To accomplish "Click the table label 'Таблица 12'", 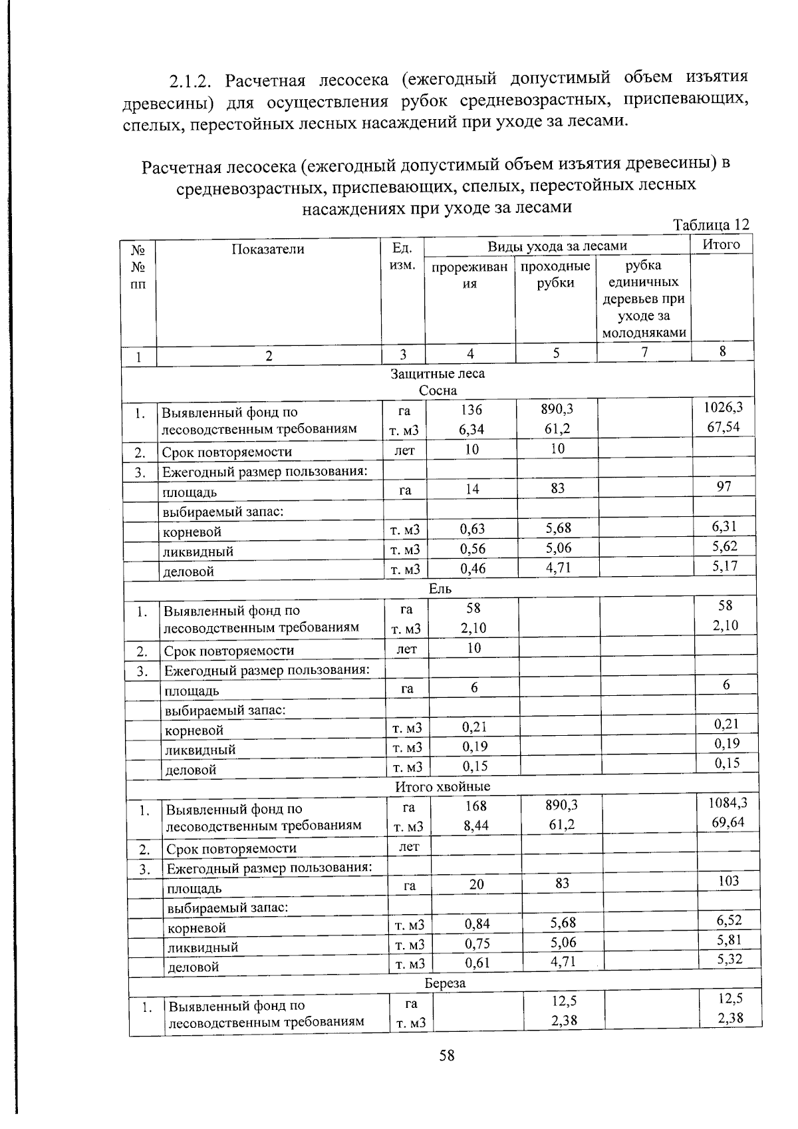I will (x=711, y=225).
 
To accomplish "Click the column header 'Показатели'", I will (x=268, y=249).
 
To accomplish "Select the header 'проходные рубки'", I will (x=555, y=275).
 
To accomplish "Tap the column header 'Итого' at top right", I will (x=721, y=245).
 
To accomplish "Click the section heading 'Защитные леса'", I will (x=438, y=374).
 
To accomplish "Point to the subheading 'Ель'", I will (x=440, y=589).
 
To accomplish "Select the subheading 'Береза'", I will (x=445, y=983).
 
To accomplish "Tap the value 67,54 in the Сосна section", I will (x=724, y=426).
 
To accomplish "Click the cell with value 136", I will (x=471, y=410).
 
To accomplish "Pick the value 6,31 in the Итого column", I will (x=724, y=526).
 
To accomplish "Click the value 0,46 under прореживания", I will (x=472, y=568).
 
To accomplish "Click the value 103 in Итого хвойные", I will (x=729, y=881).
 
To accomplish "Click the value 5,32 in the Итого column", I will (x=730, y=959).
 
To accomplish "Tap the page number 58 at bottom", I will (x=446, y=1055).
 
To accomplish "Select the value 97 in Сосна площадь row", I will (x=724, y=486).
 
